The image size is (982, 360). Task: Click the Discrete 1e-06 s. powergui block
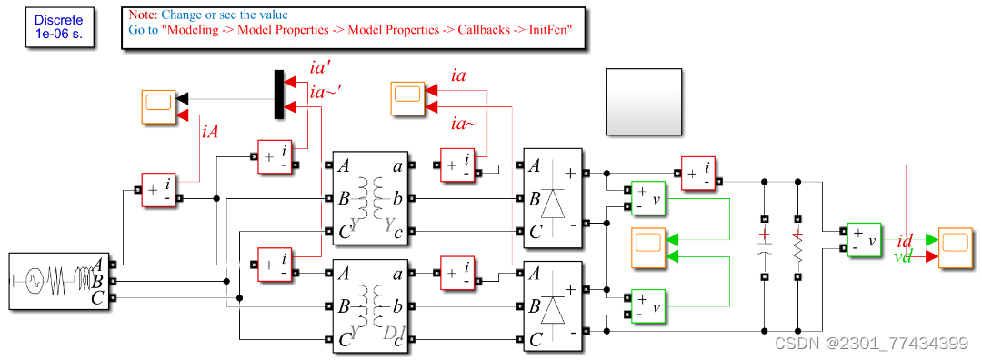click(59, 27)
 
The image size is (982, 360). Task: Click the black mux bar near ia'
click(279, 95)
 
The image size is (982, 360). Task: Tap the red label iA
click(210, 133)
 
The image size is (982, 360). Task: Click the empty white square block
click(644, 101)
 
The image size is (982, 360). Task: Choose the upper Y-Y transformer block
click(371, 197)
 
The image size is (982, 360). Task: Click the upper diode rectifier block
click(553, 197)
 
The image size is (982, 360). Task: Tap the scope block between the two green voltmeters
click(649, 247)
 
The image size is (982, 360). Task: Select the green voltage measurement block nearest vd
click(865, 240)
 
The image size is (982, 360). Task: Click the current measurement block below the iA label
click(159, 190)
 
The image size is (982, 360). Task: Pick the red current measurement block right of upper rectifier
click(699, 173)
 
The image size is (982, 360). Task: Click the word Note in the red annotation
click(141, 15)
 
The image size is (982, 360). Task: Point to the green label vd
click(904, 257)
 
